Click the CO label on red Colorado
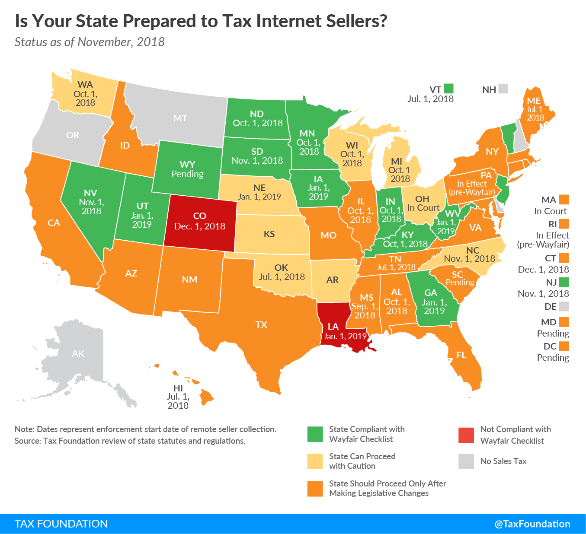coord(199,216)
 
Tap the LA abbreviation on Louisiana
coord(333,327)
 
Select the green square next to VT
coord(448,89)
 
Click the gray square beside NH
coord(503,89)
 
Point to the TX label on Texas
coord(261,325)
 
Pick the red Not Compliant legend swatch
coord(466,435)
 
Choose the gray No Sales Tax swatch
coord(466,461)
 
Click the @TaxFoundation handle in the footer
coord(532,524)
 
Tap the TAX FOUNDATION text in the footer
coord(61,524)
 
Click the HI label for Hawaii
coord(178,388)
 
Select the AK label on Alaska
coord(78,354)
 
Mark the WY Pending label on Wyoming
coord(187,169)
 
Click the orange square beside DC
coord(564,346)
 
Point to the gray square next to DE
coord(564,306)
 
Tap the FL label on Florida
coord(461,355)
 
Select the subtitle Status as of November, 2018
coord(90,42)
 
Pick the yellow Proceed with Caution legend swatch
coord(315,461)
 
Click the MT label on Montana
coord(180,118)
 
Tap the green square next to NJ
coord(564,282)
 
